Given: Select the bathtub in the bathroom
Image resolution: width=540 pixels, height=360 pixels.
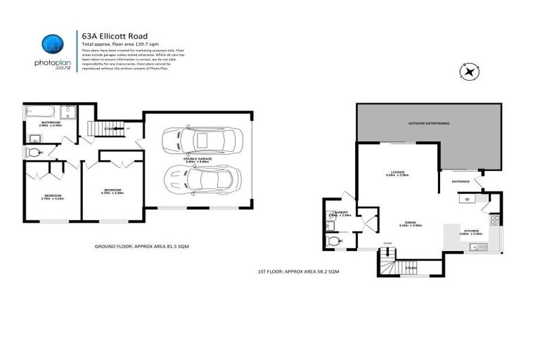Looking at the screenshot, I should (x=40, y=112).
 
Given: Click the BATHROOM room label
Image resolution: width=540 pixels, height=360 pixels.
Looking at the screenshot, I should (x=51, y=123).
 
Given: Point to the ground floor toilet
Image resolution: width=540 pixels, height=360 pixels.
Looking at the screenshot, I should (x=34, y=152).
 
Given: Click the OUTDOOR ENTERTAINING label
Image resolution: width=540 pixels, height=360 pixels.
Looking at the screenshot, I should (x=428, y=124).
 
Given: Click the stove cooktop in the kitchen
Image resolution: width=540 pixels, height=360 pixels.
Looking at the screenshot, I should (x=495, y=220).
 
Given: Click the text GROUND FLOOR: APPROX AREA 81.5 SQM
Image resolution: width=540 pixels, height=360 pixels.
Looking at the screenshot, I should (x=141, y=247).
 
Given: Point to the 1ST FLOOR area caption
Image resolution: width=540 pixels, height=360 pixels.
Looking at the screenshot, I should (x=299, y=271).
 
